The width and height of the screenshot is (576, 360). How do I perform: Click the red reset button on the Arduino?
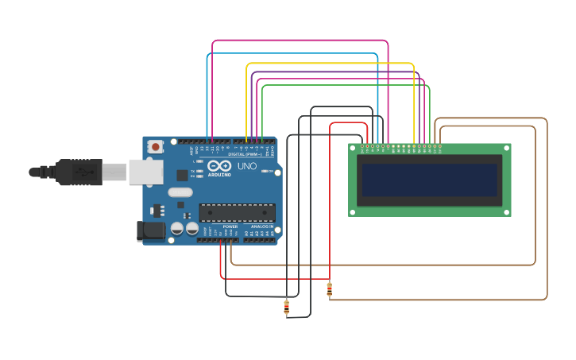pos(156,146)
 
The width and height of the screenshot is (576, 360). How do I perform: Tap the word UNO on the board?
pos(247,166)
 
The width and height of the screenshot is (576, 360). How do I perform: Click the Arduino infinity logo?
pos(218,166)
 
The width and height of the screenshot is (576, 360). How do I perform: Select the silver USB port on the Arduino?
pos(146,172)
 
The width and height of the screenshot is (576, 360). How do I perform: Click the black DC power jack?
pos(149,230)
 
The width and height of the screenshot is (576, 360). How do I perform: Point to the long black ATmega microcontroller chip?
pos(237,212)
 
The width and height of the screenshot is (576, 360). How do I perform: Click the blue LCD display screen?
pos(430,180)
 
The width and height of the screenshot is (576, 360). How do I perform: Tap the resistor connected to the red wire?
pos(330,290)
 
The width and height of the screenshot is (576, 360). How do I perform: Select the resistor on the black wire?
pos(286,308)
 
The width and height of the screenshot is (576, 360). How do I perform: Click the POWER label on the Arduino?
pos(230,226)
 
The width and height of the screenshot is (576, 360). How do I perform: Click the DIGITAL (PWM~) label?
pos(242,154)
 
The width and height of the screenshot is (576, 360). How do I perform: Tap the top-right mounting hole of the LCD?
pos(507,148)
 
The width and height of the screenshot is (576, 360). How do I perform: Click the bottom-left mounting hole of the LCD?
pos(353,212)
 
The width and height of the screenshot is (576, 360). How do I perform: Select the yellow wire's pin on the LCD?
pos(414,146)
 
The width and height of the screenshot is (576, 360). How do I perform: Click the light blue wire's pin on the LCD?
pos(378,146)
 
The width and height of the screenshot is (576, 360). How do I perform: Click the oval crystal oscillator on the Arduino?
pos(180,192)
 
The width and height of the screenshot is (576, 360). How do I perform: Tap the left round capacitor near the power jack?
pos(177,229)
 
